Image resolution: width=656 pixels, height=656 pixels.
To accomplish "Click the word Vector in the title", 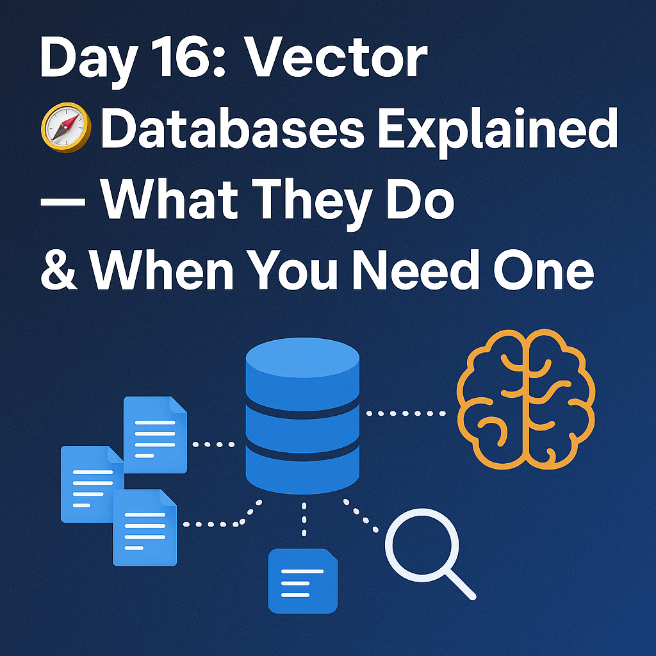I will [338, 60].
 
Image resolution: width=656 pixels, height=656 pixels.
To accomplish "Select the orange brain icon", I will [526, 397].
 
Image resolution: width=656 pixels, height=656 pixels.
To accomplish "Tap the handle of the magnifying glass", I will [460, 584].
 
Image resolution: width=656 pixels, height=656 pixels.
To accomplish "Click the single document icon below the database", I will [302, 580].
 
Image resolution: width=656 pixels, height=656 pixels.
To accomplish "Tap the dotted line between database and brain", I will [407, 414].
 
